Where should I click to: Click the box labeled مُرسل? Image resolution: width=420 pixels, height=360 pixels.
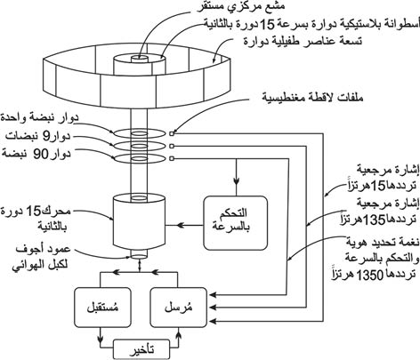[x=178, y=308]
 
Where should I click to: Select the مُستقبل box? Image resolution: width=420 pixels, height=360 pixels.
[x=102, y=308]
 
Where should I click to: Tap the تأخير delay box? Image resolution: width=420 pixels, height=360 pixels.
[x=141, y=350]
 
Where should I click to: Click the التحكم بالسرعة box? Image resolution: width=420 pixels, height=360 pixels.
[x=236, y=223]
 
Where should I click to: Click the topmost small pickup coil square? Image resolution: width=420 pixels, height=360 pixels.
[x=172, y=133]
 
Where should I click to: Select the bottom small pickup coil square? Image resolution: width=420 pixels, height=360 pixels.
[x=172, y=159]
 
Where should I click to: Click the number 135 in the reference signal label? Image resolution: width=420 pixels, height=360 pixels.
[x=374, y=220]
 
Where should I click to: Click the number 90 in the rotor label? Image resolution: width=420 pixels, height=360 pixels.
[x=40, y=154]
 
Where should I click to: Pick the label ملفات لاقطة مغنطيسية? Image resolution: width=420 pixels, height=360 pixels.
[x=312, y=97]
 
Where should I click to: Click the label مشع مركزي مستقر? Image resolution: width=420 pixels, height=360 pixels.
[x=241, y=7]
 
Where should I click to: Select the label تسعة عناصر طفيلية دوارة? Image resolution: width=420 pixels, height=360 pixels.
[x=303, y=40]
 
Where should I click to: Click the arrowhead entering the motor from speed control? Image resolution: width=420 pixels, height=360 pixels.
[x=181, y=226]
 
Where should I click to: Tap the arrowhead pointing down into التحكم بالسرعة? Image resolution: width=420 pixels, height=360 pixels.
[x=236, y=180]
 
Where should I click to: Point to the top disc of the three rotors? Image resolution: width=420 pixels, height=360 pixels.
[x=139, y=133]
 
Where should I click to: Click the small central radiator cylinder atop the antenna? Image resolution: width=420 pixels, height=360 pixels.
[x=140, y=60]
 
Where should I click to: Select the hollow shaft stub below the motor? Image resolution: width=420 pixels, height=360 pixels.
[x=139, y=255]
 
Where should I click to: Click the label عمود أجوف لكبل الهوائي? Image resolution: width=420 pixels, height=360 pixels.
[x=42, y=257]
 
